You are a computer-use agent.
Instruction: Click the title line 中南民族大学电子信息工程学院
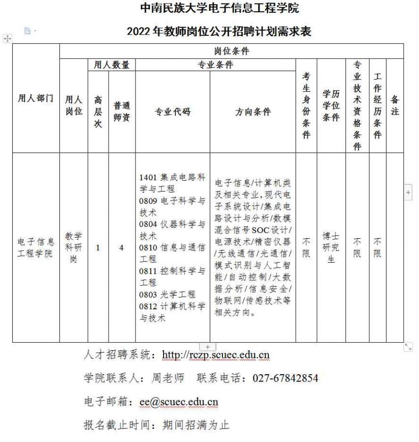219,8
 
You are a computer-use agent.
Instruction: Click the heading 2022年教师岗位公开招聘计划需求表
219,32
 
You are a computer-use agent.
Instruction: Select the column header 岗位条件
231,51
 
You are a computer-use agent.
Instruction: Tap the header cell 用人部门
35,98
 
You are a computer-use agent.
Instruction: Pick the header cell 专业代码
172,112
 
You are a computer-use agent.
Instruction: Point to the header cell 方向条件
252,112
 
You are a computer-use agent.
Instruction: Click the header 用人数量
112,65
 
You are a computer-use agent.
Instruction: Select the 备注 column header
394,106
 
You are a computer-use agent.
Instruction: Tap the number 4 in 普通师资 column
121,248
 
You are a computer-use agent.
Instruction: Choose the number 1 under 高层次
98,248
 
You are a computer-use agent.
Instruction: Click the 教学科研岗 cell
74,248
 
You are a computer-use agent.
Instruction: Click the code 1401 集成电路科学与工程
172,183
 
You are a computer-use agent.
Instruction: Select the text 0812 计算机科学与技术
172,312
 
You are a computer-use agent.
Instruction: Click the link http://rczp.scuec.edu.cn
216,355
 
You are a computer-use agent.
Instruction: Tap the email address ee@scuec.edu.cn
179,402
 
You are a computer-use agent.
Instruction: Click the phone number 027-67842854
285,378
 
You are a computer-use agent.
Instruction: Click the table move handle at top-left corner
7,38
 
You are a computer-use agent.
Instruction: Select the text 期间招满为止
196,425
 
